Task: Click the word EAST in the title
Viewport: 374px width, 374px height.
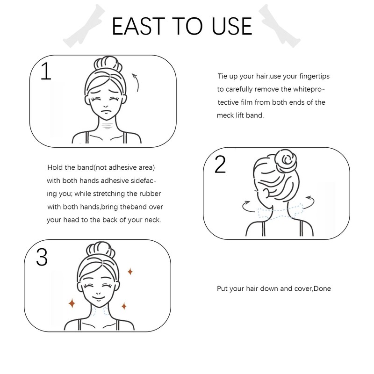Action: [138, 26]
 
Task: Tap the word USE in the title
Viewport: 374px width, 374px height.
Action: [232, 26]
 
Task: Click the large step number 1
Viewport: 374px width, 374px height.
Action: [46, 71]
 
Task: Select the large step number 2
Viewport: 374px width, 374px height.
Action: [220, 164]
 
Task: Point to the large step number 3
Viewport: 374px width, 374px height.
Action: [42, 257]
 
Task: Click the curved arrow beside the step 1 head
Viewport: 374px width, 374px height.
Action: [137, 82]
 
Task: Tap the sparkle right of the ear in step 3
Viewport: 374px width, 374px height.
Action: [130, 272]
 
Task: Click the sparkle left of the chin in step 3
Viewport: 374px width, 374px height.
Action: [72, 303]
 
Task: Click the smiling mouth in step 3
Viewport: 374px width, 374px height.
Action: [98, 298]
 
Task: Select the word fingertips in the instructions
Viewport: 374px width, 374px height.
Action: [314, 76]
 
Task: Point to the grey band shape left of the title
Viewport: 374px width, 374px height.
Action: [84, 26]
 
